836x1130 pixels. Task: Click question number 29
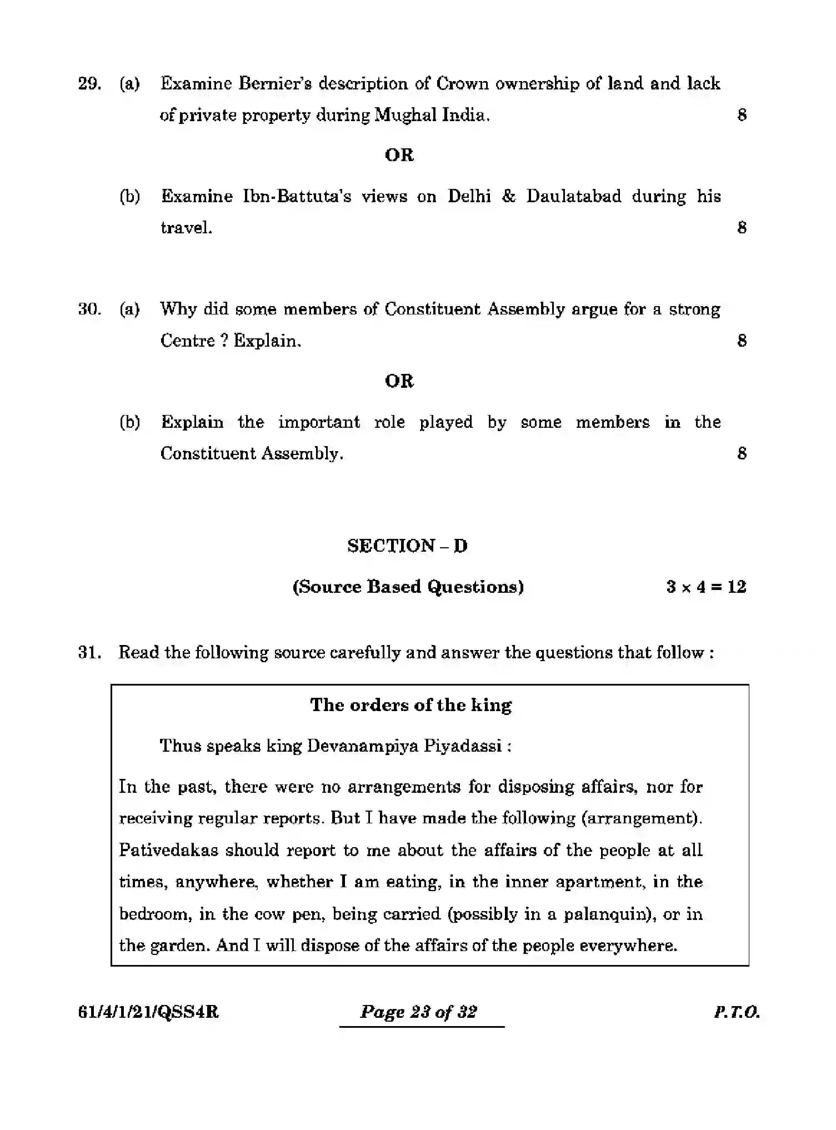[89, 84]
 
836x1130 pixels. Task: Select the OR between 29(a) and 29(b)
[399, 155]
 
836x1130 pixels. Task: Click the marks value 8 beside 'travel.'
[742, 228]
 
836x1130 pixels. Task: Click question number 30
[89, 309]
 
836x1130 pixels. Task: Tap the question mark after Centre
[224, 341]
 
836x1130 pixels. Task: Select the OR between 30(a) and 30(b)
[399, 381]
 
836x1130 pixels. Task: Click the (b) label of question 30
[129, 422]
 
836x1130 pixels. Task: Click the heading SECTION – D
[407, 546]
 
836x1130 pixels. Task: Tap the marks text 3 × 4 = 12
[705, 587]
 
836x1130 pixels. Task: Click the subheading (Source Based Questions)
[408, 587]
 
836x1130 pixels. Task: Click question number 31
[89, 653]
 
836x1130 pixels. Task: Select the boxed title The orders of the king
[411, 706]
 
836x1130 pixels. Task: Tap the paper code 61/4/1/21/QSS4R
[148, 1012]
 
